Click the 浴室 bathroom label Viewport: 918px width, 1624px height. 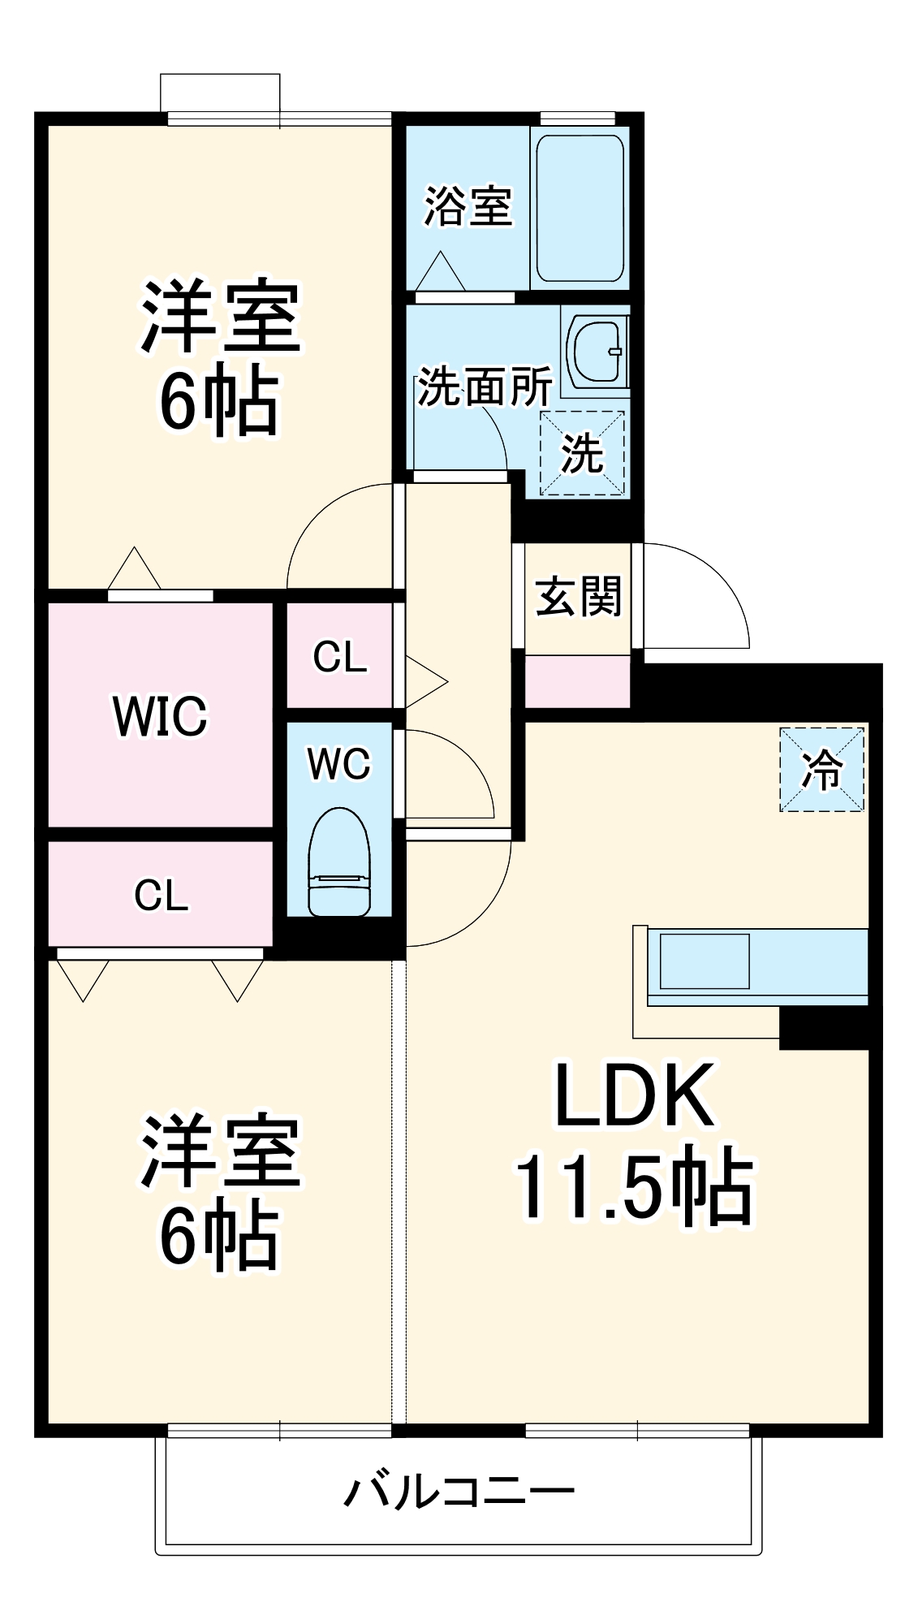[468, 206]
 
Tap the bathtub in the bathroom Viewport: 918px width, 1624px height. [580, 209]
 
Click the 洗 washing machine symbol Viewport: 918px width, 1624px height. [582, 453]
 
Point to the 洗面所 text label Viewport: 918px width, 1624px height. [485, 387]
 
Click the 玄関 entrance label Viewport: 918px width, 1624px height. [578, 597]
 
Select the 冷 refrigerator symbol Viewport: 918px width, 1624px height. [821, 769]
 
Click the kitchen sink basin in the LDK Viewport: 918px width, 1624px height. [704, 961]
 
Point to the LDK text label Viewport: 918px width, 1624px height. [635, 1095]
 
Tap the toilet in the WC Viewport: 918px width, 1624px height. [338, 862]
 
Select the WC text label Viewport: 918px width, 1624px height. [338, 764]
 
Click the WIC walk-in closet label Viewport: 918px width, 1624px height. [160, 716]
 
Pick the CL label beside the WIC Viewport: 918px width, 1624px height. [340, 657]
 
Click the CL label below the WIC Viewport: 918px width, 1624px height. [161, 896]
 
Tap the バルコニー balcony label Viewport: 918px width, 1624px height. [459, 1492]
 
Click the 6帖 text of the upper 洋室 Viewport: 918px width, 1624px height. [219, 400]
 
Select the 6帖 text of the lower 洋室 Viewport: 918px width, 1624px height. [219, 1236]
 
